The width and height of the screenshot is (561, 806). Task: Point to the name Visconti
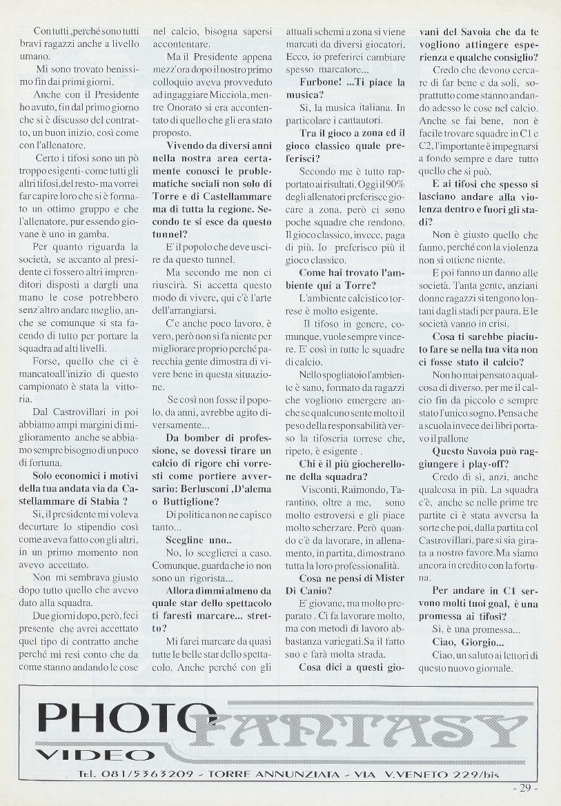321,488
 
